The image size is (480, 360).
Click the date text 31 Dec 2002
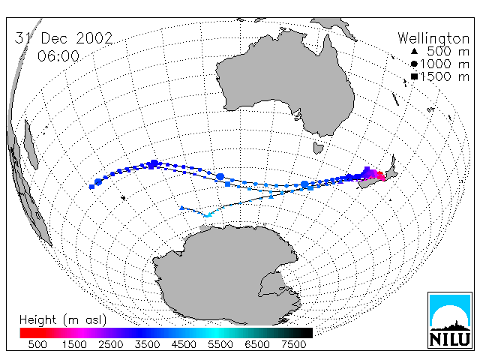[64, 38]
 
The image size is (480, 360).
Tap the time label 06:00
[58, 56]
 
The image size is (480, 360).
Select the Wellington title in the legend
[433, 38]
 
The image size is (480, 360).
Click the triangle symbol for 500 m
[414, 51]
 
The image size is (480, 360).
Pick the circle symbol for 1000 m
[414, 64]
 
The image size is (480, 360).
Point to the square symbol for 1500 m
[414, 76]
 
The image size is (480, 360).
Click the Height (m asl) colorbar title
[63, 320]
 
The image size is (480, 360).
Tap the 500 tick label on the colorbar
[37, 344]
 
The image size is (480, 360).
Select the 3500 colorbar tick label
[147, 344]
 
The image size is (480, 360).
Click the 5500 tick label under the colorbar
[220, 344]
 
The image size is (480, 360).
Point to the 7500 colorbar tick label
[293, 344]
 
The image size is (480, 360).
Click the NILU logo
[450, 320]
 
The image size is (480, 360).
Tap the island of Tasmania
[318, 148]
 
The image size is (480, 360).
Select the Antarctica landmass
[226, 275]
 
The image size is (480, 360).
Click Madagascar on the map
[31, 145]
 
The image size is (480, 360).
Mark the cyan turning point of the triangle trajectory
[208, 216]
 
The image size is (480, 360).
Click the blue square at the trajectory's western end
[91, 187]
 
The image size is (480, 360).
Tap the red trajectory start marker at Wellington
[382, 177]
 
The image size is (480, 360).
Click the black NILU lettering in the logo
[450, 339]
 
